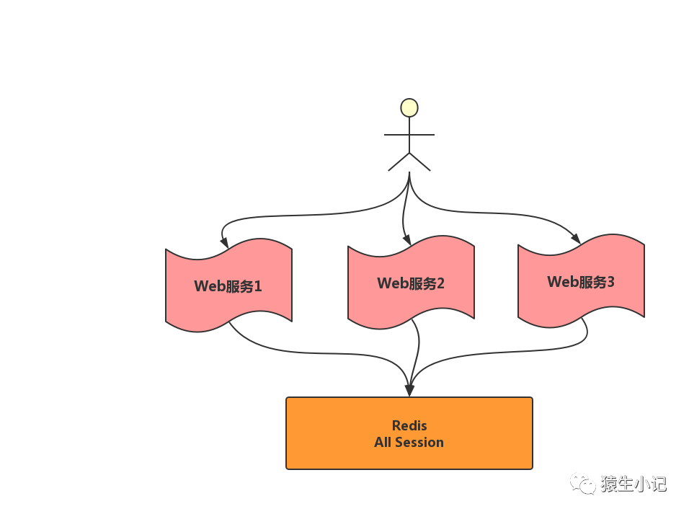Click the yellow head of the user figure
(x=409, y=108)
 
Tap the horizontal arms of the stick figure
(x=409, y=134)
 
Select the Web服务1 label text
(x=228, y=286)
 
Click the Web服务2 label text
(x=411, y=283)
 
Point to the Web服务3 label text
(x=581, y=282)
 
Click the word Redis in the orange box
(x=409, y=425)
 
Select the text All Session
(x=409, y=442)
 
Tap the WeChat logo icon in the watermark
(x=582, y=483)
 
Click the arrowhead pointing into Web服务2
(x=407, y=240)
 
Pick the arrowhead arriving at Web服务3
(x=575, y=239)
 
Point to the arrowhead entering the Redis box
(x=409, y=390)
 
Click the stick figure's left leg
(x=399, y=162)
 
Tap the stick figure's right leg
(x=420, y=162)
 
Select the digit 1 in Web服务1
(x=257, y=286)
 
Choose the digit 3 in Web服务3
(x=610, y=282)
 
